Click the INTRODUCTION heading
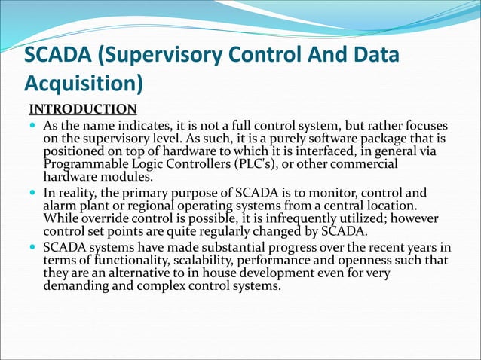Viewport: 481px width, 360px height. pyautogui.click(x=83, y=109)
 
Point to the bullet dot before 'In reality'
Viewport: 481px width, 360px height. pyautogui.click(x=34, y=192)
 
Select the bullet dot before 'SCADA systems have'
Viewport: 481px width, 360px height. pyautogui.click(x=34, y=247)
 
